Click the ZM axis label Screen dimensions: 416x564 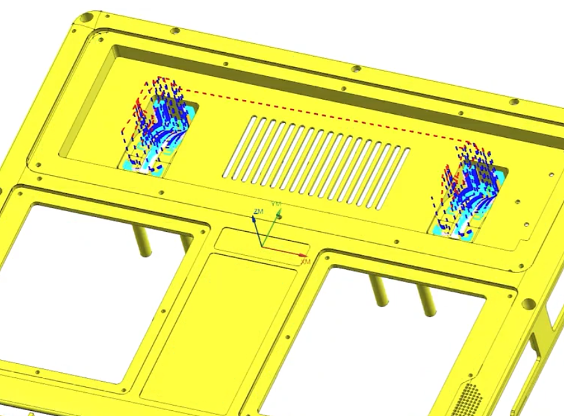258,211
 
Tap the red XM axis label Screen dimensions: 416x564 306,261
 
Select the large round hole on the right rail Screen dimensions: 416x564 529,303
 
